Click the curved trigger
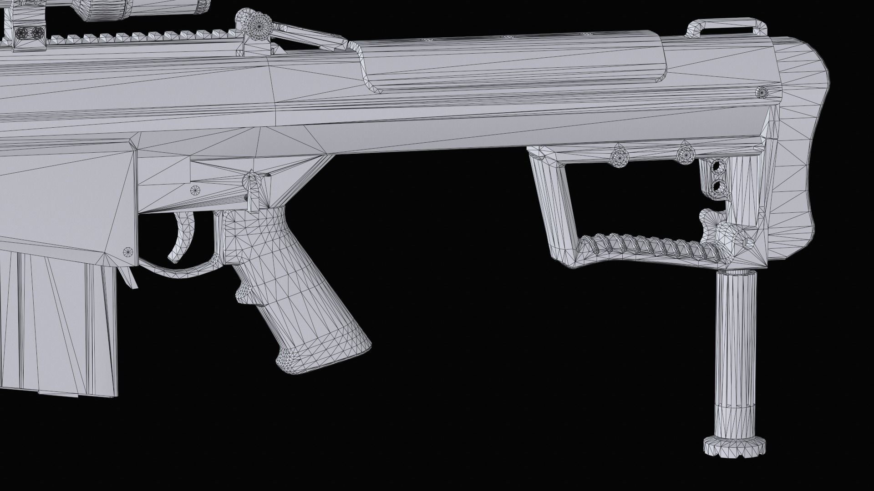[x=181, y=236]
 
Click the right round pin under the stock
[x=684, y=155]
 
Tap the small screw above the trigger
[x=197, y=190]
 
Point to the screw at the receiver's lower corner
[x=127, y=251]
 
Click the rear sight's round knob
[x=258, y=23]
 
